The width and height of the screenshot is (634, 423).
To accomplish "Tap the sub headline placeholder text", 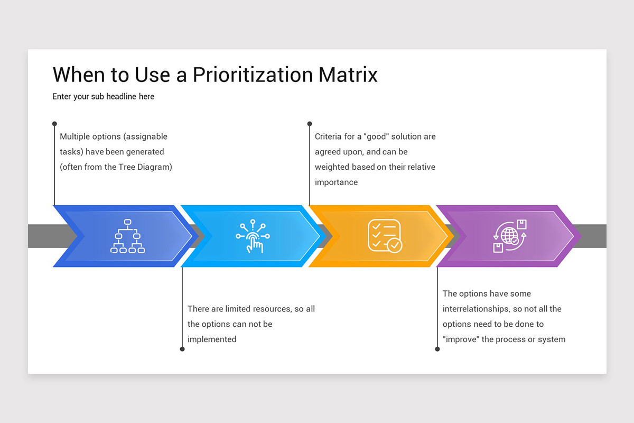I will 104,96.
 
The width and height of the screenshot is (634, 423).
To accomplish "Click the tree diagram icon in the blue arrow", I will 127,236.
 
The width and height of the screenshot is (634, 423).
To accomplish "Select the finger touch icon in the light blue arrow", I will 253,236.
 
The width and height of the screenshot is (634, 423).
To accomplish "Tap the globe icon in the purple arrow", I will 510,236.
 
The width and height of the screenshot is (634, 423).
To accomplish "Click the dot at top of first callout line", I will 54,124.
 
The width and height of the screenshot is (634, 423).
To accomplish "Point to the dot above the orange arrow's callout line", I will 310,124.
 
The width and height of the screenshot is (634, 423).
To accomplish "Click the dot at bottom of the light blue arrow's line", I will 182,349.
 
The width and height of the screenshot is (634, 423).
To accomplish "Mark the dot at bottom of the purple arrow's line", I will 437,349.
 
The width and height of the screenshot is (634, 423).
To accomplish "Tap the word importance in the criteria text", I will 336,182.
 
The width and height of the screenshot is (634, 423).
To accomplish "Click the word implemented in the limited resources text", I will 212,339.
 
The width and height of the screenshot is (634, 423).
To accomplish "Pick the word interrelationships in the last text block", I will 475,309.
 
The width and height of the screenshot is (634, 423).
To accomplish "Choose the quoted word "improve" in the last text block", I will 461,339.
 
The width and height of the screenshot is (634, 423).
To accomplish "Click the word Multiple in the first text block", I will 74,136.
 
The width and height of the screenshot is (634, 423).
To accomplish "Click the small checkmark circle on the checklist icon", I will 395,245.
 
